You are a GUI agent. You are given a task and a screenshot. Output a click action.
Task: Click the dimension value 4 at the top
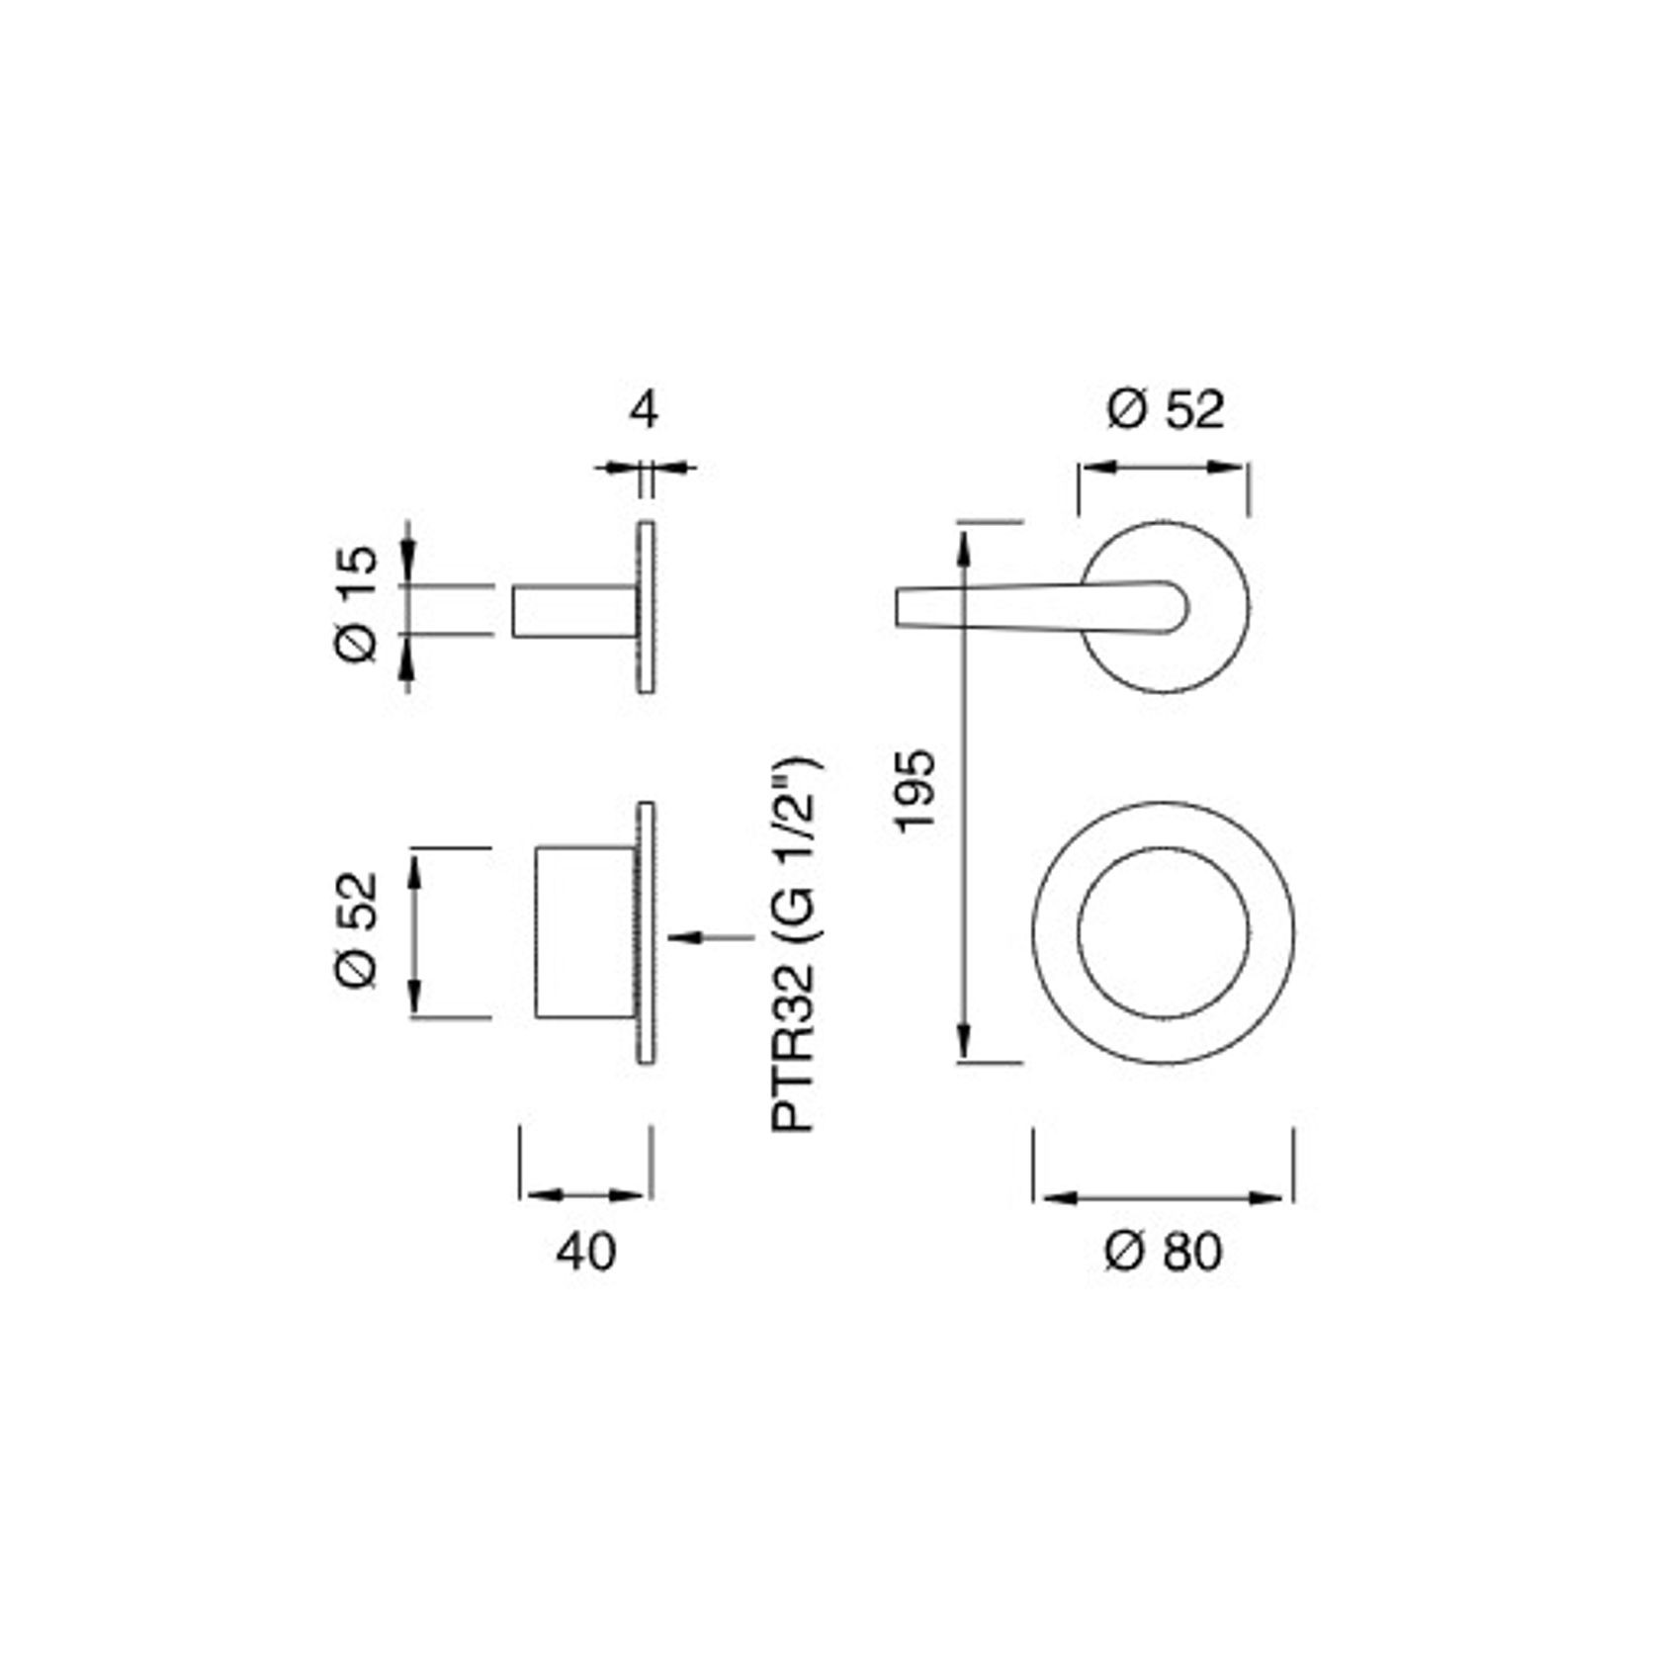click(x=644, y=410)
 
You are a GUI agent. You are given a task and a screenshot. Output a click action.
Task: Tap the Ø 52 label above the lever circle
click(x=1165, y=409)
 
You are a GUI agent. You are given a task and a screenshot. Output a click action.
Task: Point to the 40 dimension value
click(x=585, y=1252)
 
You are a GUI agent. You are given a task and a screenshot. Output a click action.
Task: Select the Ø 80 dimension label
click(x=1163, y=1252)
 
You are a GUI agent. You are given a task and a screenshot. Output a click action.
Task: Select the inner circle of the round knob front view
click(x=1164, y=933)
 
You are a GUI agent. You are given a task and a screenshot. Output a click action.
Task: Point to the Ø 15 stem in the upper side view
click(x=573, y=611)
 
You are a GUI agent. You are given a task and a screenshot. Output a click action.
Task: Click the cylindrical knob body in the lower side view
click(x=583, y=932)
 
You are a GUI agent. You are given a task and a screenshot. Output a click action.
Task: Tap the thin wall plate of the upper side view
click(x=646, y=607)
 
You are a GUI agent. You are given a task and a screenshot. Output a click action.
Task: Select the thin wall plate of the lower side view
click(x=646, y=933)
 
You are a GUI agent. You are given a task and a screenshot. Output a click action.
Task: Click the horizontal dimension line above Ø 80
click(x=1164, y=1197)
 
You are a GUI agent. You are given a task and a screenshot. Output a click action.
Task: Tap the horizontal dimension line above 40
click(x=585, y=1195)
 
